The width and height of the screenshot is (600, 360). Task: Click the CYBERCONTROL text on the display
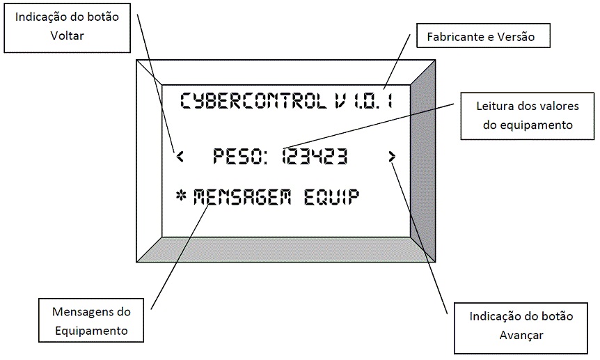tap(253, 101)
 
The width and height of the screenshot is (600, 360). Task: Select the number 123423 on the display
tap(315, 157)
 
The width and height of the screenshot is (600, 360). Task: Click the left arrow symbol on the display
tap(180, 157)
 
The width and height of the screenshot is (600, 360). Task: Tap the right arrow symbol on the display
tap(393, 157)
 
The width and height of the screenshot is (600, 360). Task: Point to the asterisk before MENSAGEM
tap(182, 197)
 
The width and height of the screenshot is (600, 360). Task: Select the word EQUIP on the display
tap(332, 197)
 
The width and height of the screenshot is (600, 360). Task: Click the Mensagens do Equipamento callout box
tap(91, 321)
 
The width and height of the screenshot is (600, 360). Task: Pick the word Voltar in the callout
tap(68, 36)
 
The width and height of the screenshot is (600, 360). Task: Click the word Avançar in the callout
tap(521, 335)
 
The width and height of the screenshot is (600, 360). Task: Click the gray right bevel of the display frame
tap(423, 160)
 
